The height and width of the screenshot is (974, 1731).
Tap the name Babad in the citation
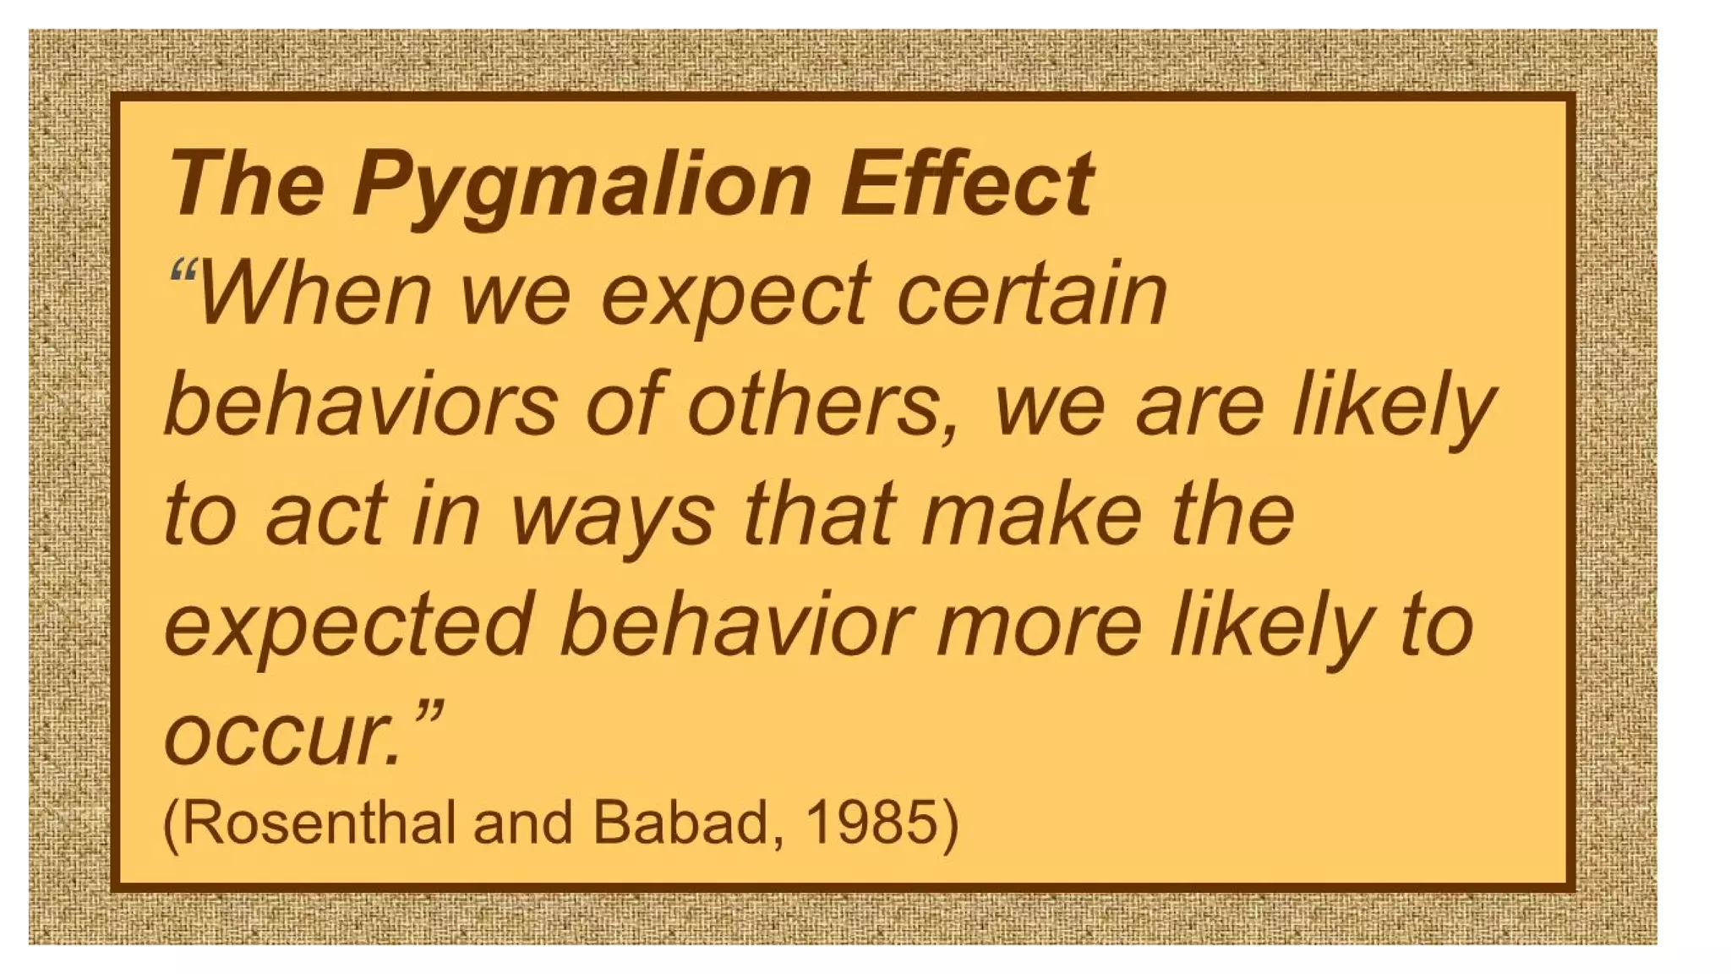[x=680, y=822]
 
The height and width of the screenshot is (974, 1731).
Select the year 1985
[x=870, y=822]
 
